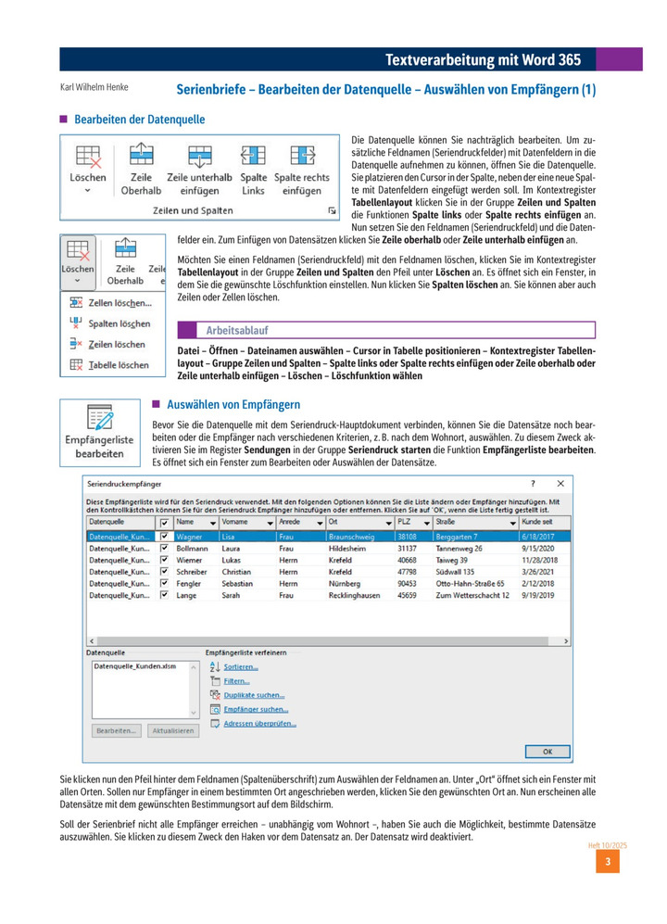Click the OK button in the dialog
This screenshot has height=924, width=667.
point(547,751)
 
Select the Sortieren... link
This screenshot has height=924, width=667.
point(240,666)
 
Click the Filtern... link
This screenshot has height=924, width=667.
point(236,681)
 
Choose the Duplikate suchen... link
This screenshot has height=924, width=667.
point(253,695)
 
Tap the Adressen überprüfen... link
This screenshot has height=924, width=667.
point(259,723)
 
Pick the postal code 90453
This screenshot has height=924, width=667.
point(408,584)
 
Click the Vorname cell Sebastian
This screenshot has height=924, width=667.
point(239,584)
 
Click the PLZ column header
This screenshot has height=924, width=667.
point(406,523)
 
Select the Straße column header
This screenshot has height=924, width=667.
point(446,523)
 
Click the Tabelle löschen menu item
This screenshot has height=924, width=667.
point(118,365)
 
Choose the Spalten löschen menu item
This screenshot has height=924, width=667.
point(119,323)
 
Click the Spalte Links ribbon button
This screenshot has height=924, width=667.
point(253,169)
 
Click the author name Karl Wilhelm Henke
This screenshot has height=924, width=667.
point(94,88)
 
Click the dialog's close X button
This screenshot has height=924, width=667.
point(560,484)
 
